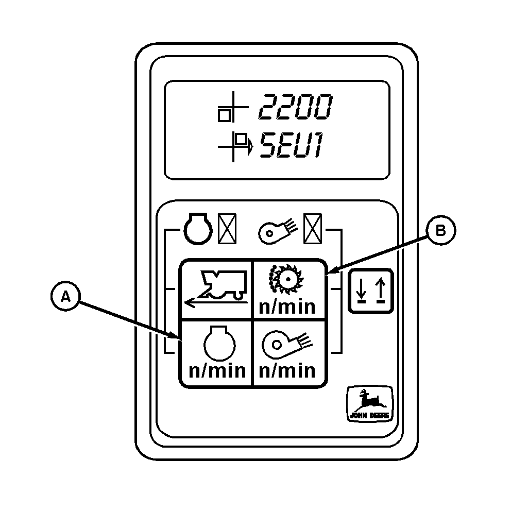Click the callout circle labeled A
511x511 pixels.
[x=65, y=297]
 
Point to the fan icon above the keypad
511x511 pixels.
[x=277, y=230]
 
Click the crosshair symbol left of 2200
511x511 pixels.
[x=230, y=109]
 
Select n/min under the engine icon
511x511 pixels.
[x=217, y=371]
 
